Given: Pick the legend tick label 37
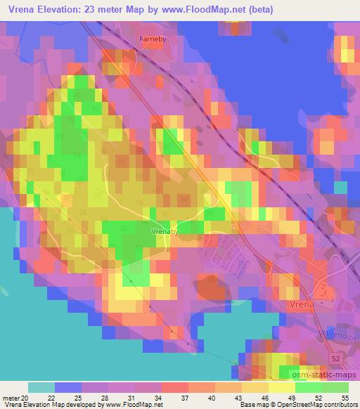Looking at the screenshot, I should click(184, 397).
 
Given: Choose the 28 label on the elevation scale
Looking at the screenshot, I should click(104, 397).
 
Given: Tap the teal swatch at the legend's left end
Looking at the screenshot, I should click(41, 387).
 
